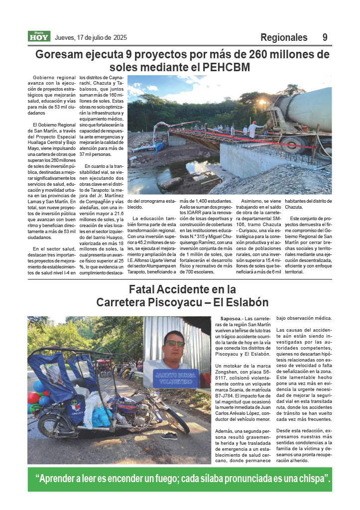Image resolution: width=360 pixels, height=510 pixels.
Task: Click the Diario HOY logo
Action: tap(39, 36)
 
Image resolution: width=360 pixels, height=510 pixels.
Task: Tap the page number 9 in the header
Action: tap(325, 37)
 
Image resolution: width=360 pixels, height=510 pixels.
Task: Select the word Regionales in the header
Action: tap(284, 37)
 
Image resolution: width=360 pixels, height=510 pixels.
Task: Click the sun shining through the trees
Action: tap(262, 102)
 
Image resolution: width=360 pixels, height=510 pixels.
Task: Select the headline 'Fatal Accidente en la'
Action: tap(182, 289)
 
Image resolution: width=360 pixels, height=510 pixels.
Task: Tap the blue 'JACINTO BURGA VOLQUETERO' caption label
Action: tap(176, 378)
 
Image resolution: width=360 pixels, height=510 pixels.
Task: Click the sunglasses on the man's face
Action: tap(174, 343)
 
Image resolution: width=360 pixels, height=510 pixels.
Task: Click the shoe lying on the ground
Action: tap(169, 436)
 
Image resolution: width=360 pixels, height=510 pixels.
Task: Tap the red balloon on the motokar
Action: tap(33, 398)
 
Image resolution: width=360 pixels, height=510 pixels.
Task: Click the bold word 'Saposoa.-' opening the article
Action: tap(232, 318)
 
